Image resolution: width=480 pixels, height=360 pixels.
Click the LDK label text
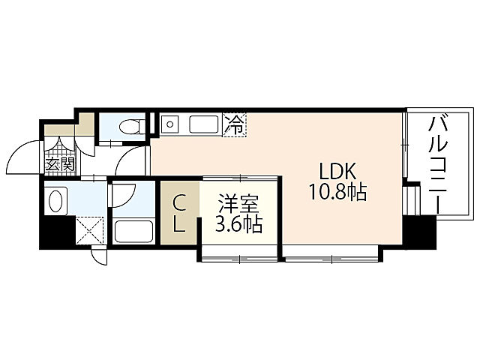click(335, 169)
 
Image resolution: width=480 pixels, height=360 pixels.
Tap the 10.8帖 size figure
click(336, 192)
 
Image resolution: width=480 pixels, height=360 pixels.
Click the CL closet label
click(179, 214)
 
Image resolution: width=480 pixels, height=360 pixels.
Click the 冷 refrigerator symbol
click(234, 124)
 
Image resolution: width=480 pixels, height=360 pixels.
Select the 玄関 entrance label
click(59, 164)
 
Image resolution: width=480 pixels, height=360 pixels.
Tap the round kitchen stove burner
click(169, 124)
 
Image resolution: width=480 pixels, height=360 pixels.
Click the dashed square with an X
click(90, 229)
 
